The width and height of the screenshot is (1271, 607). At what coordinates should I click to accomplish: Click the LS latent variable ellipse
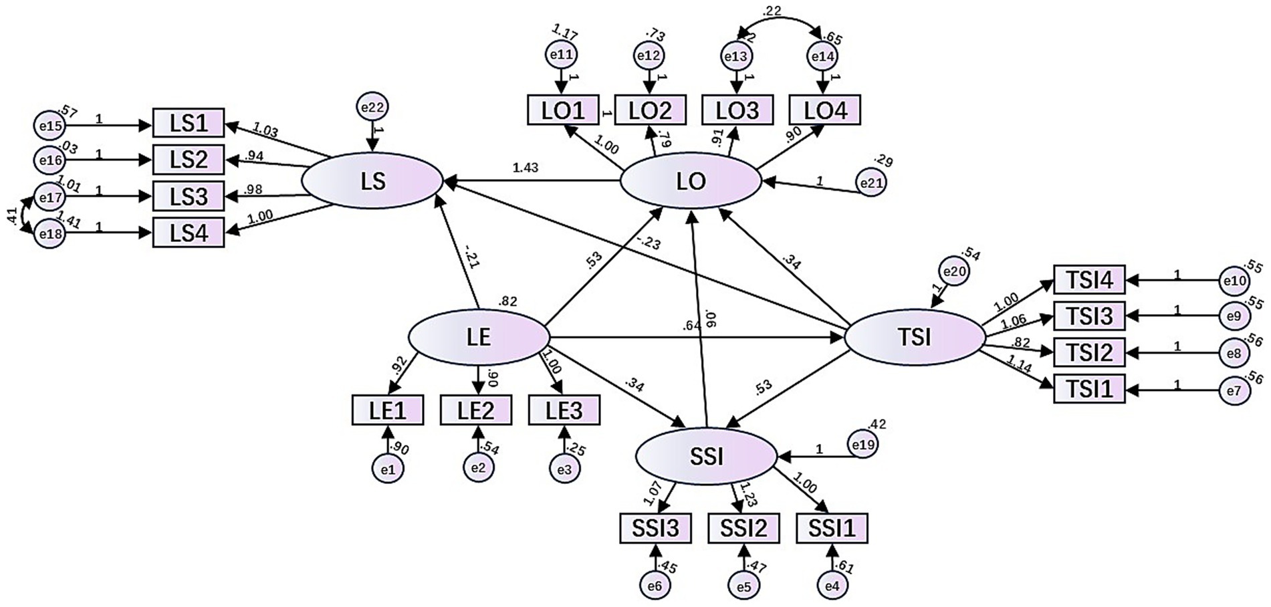(x=372, y=180)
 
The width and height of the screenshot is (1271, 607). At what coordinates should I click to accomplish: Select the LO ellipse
(x=691, y=180)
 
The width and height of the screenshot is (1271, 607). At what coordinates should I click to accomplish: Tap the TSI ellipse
(x=915, y=337)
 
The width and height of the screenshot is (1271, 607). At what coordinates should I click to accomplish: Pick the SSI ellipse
(x=705, y=457)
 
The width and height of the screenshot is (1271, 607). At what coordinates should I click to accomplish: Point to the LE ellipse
(x=478, y=337)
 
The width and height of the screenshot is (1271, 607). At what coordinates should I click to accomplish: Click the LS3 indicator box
(x=189, y=197)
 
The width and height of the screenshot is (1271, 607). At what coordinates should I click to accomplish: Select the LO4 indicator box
(x=824, y=110)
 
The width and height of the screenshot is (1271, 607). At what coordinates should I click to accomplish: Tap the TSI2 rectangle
(x=1089, y=352)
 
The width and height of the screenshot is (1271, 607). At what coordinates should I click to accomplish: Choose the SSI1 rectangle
(x=832, y=529)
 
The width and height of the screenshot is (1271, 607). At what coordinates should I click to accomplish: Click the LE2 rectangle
(x=476, y=410)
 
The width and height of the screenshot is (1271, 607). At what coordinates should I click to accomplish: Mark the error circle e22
(x=372, y=108)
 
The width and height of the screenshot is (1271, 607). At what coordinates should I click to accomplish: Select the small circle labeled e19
(x=863, y=445)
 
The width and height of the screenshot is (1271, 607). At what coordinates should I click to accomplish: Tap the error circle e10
(x=1234, y=280)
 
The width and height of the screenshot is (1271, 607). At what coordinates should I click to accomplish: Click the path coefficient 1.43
(x=526, y=168)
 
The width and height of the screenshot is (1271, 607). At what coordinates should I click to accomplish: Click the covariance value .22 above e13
(x=773, y=11)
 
